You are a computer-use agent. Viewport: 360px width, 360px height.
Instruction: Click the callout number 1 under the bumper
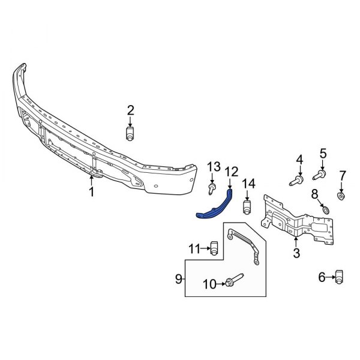click(x=91, y=192)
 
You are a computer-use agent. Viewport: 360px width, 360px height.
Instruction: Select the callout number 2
click(x=130, y=109)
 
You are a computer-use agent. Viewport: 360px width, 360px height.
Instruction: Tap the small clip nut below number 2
click(x=130, y=134)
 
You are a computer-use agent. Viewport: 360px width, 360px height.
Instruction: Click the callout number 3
click(x=296, y=254)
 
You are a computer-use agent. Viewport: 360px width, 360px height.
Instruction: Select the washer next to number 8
click(x=325, y=209)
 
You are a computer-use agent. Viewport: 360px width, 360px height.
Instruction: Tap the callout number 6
click(x=321, y=277)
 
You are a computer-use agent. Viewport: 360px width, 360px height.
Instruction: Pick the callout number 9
click(x=178, y=278)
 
